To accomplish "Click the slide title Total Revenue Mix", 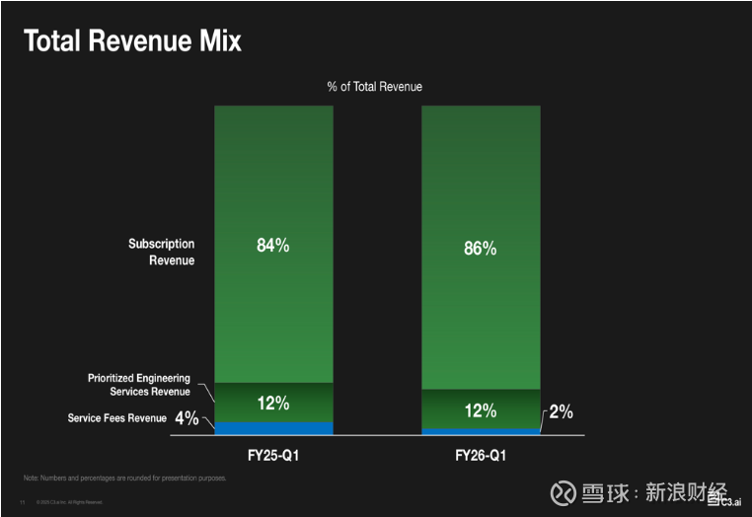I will [132, 40].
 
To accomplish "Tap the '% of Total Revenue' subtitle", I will [375, 87].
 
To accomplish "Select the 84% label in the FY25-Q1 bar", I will [272, 246].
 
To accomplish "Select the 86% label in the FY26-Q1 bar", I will [480, 249].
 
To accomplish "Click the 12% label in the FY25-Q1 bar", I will [272, 403].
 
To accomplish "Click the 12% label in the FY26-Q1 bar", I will [480, 410].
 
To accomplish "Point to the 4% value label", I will [187, 418].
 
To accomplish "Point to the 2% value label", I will [561, 411].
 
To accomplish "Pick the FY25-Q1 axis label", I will [273, 457].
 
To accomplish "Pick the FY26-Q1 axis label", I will [481, 457].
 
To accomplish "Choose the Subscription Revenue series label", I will [162, 252].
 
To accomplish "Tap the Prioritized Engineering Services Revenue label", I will [139, 385].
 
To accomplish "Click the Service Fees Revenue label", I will [117, 418].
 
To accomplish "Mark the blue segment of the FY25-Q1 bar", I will [273, 428].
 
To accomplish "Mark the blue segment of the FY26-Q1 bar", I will [481, 431].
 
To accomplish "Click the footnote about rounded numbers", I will [125, 479].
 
